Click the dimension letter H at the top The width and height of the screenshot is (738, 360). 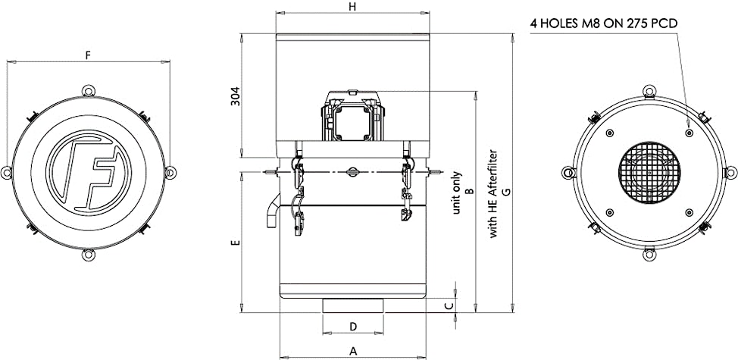tap(352, 6)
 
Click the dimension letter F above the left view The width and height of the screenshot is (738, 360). tap(88, 55)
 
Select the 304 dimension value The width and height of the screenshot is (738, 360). tap(236, 96)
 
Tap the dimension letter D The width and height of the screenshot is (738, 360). tap(354, 326)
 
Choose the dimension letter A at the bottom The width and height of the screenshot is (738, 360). tap(353, 351)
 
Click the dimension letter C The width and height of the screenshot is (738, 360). tap(449, 306)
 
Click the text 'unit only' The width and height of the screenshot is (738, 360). tap(457, 193)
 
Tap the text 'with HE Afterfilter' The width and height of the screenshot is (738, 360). tap(494, 194)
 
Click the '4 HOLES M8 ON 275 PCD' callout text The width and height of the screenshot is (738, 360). tap(604, 24)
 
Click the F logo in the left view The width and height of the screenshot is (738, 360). tap(88, 173)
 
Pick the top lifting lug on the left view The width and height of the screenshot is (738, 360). tap(89, 90)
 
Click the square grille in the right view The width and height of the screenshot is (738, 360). tap(649, 173)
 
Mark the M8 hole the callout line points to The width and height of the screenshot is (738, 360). tap(689, 133)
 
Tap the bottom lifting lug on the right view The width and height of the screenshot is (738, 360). tap(649, 255)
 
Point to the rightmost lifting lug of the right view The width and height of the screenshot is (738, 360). tap(730, 173)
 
